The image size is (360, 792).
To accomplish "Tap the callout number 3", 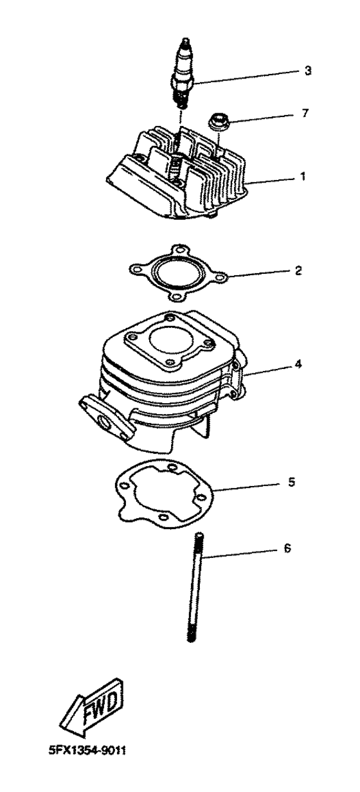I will click(x=308, y=71).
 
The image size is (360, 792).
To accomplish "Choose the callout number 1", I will click(x=302, y=175).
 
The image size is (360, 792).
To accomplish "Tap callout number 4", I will click(x=297, y=363).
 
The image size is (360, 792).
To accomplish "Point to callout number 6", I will click(x=287, y=548).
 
